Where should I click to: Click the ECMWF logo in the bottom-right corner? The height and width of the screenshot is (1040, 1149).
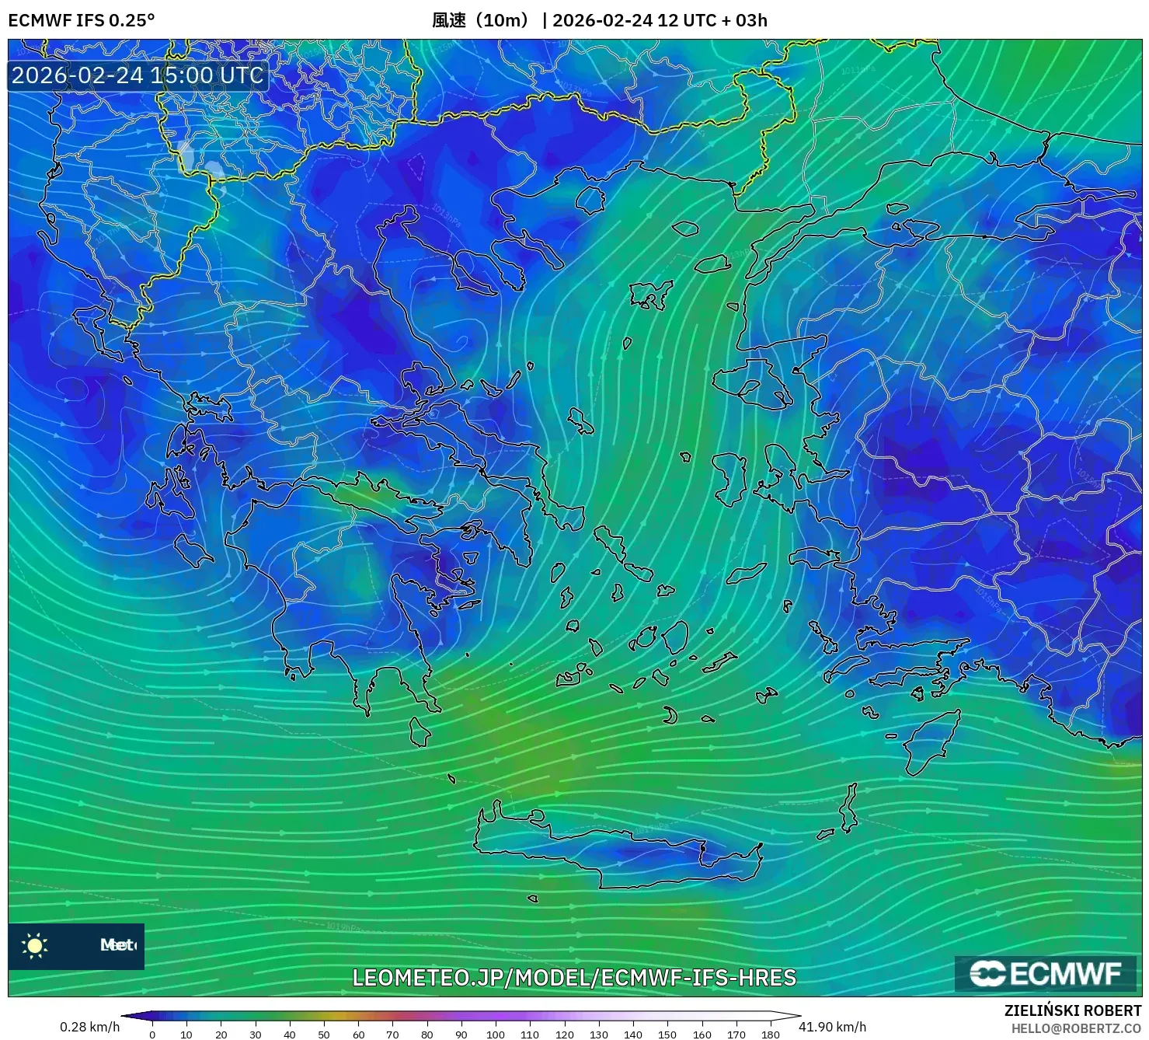[x=1046, y=973]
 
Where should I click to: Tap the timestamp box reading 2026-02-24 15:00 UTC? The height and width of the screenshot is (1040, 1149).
[x=138, y=75]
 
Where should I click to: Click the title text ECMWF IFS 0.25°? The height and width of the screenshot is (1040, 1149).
[x=82, y=20]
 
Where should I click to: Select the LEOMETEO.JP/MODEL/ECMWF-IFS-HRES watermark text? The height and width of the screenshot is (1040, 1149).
[x=574, y=977]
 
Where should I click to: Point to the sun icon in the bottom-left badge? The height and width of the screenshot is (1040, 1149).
[x=35, y=945]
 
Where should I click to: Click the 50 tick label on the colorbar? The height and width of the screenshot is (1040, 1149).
[x=324, y=1035]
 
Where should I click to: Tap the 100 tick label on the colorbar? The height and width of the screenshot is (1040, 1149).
[x=496, y=1035]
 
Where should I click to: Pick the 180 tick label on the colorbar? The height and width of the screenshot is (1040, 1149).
[x=770, y=1035]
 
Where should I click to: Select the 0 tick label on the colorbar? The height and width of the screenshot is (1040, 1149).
[x=152, y=1035]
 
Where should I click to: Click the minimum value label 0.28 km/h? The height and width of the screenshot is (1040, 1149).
[x=89, y=1027]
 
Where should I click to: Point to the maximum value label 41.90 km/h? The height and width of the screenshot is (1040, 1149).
[x=832, y=1027]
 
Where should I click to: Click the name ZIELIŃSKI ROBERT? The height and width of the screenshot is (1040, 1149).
[x=1073, y=1010]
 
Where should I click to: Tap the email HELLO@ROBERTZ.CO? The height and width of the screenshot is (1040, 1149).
[x=1076, y=1028]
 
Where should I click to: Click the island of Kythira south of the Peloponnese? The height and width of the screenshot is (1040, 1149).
[x=420, y=732]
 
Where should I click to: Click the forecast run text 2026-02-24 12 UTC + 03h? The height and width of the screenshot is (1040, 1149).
[x=660, y=20]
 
